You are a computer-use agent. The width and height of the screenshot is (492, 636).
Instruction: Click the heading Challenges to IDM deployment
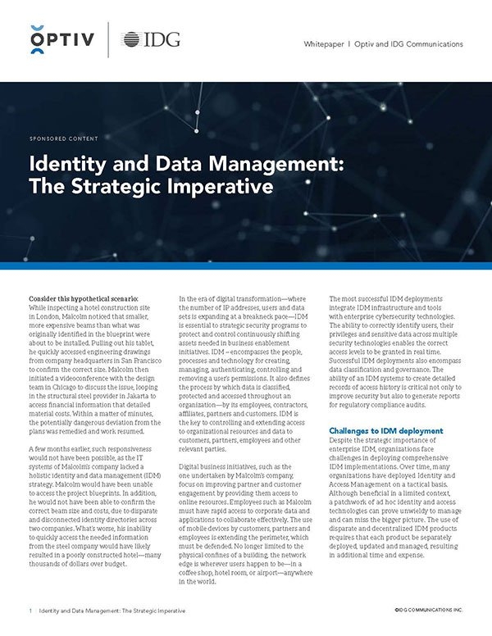385,452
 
